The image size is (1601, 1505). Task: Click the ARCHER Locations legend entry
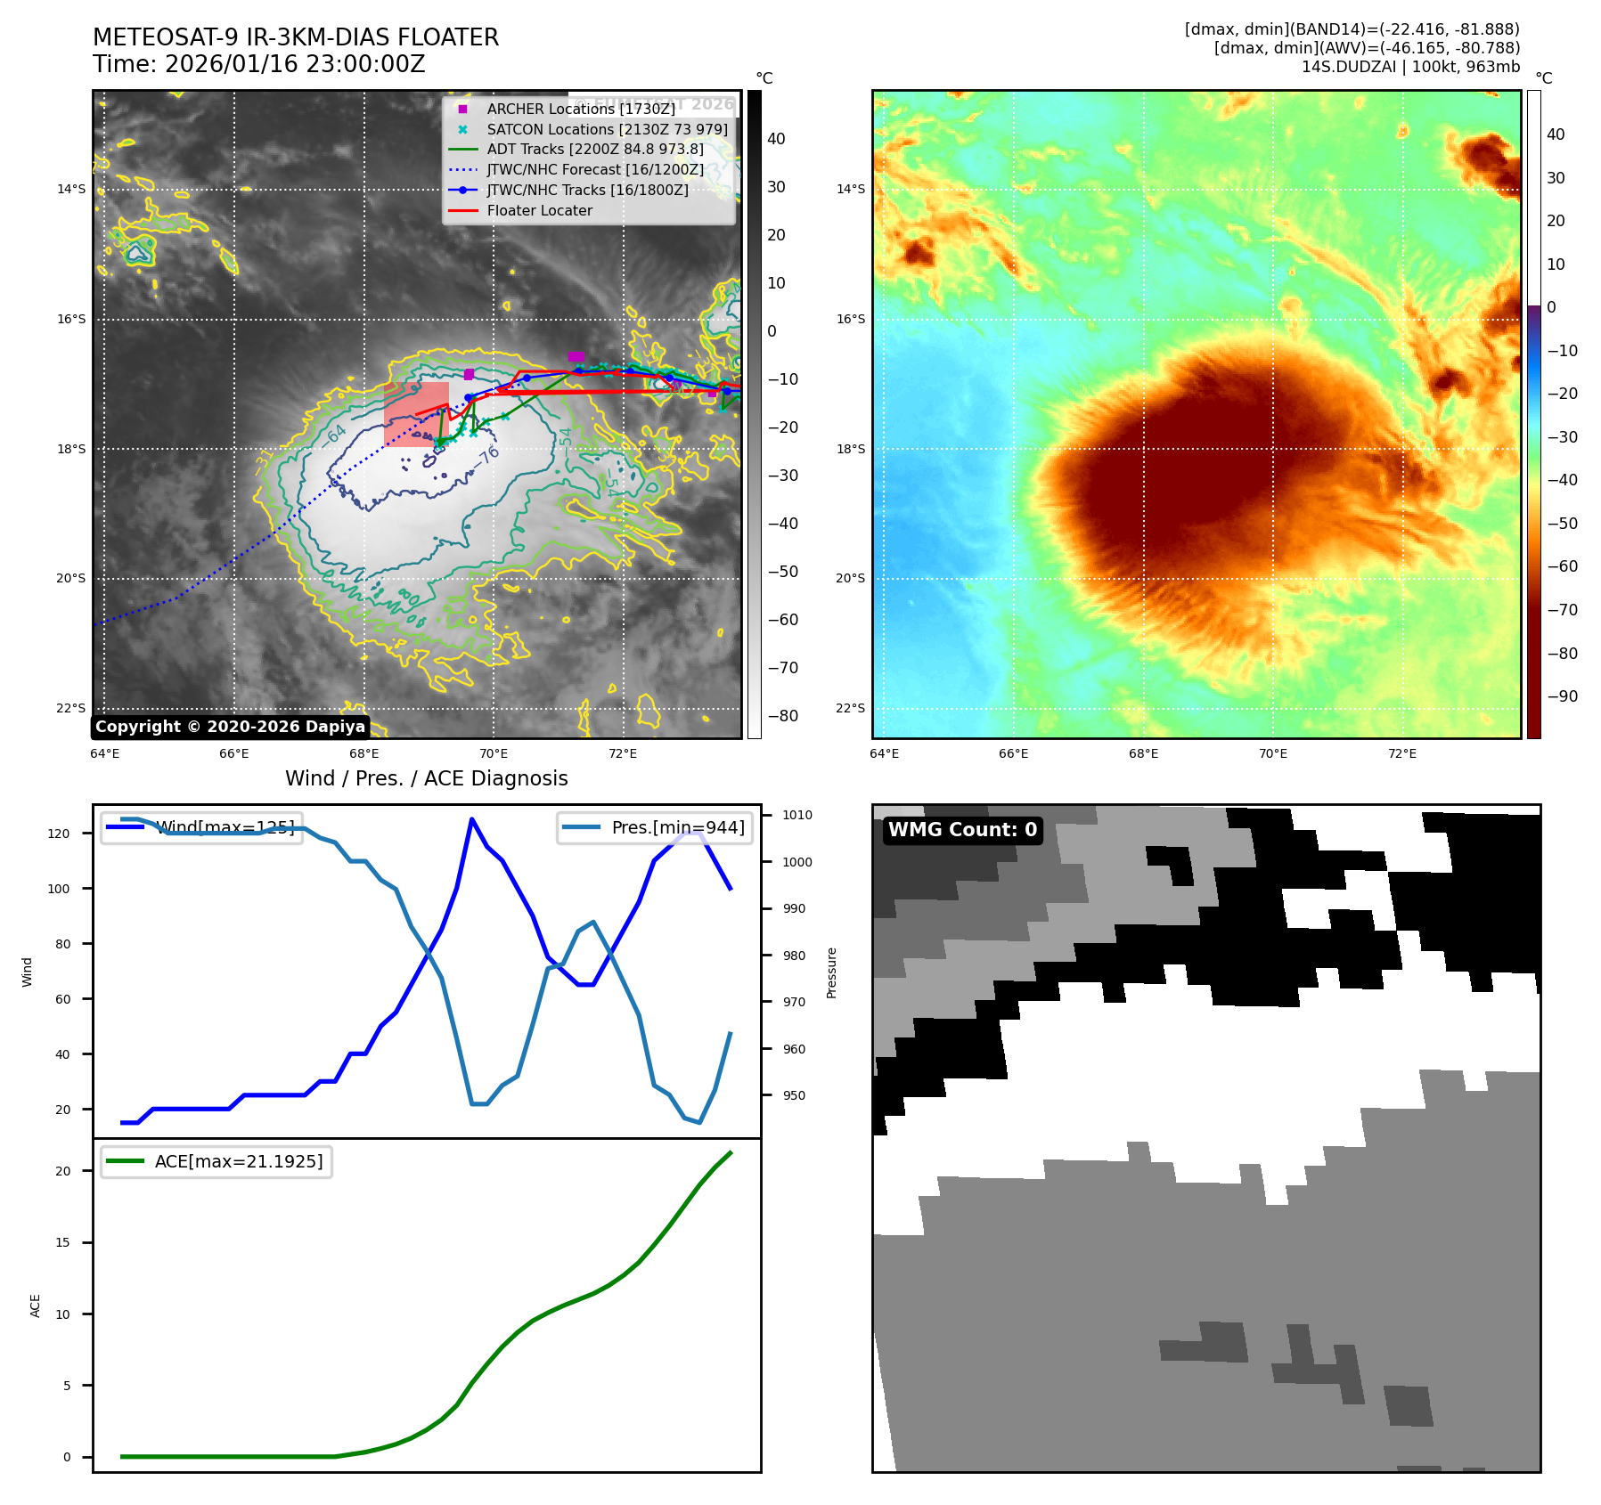[x=580, y=109]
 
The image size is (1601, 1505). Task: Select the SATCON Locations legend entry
[x=607, y=129]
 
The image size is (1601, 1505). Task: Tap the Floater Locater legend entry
[x=539, y=210]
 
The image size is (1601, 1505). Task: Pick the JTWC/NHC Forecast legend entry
[x=595, y=169]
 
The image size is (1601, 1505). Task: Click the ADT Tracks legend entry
[x=594, y=149]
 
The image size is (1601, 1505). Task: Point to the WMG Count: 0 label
[x=962, y=830]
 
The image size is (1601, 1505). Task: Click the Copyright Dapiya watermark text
[x=230, y=727]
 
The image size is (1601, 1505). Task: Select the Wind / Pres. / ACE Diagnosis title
[x=426, y=778]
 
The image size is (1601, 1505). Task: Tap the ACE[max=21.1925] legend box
[x=216, y=1161]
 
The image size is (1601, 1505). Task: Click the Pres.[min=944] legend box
[x=655, y=827]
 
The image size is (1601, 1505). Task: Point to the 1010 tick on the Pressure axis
[x=797, y=815]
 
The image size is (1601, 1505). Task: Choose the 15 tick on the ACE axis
[x=62, y=1242]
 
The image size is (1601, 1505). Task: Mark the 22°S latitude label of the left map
[x=71, y=708]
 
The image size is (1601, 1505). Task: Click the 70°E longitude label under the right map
[x=1272, y=753]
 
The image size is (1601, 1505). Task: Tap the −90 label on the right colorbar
[x=1562, y=696]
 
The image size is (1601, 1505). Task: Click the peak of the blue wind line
[x=471, y=818]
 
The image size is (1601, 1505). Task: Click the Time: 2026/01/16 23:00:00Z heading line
[x=258, y=65]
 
